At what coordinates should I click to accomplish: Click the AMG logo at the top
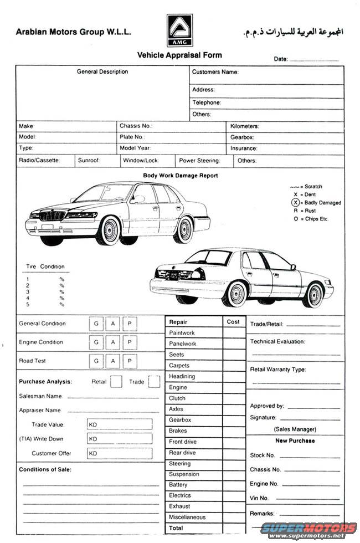point(180,30)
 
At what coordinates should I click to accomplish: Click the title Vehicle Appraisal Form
point(179,55)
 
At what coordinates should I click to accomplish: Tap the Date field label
point(280,59)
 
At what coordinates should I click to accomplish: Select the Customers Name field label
point(215,72)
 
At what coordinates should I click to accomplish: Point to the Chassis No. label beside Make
point(136,126)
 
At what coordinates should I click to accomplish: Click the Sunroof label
point(89,161)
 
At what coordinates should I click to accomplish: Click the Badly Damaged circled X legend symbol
point(296,203)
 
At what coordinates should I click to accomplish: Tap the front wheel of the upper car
point(109,230)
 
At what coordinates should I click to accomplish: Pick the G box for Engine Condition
point(96,342)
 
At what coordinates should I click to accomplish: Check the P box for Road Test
point(129,361)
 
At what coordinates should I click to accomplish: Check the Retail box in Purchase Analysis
point(116,381)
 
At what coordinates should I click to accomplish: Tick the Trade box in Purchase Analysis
point(154,381)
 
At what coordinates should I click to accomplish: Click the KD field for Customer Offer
point(119,453)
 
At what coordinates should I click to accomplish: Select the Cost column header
point(233,322)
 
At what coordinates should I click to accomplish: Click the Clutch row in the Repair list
point(177,398)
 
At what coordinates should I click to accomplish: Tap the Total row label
point(176,528)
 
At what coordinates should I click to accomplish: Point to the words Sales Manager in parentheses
point(295,429)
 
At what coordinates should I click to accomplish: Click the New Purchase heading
point(295,441)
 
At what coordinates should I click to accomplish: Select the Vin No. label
point(259,498)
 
